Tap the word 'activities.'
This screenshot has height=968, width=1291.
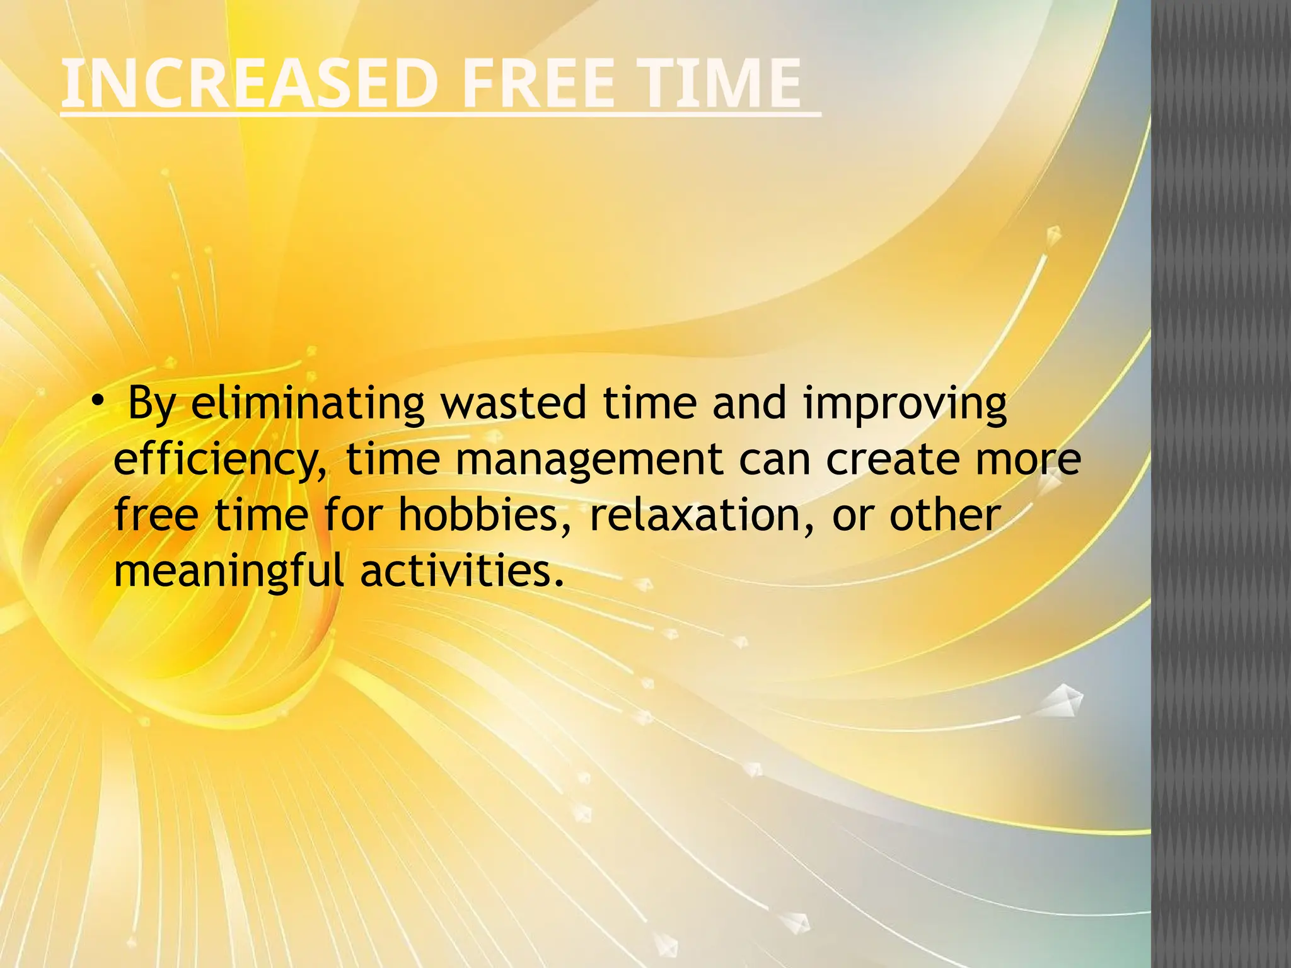pyautogui.click(x=461, y=570)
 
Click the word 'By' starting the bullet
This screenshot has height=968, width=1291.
pyautogui.click(x=151, y=405)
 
